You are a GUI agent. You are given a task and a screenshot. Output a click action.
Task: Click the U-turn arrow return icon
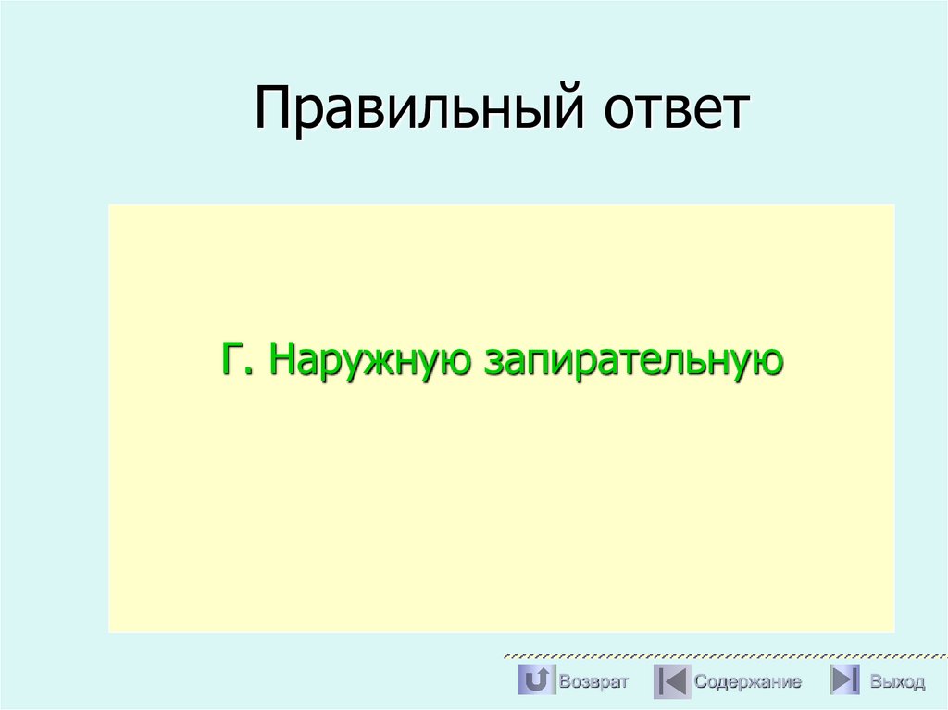[535, 680]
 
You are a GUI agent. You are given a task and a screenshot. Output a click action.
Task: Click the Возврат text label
[593, 682]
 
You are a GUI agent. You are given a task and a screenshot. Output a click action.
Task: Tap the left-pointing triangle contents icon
[671, 681]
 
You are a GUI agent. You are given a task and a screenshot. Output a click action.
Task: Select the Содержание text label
[747, 682]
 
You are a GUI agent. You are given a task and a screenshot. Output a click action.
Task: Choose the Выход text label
[897, 682]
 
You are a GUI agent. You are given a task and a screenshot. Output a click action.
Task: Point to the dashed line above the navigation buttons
[722, 655]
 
